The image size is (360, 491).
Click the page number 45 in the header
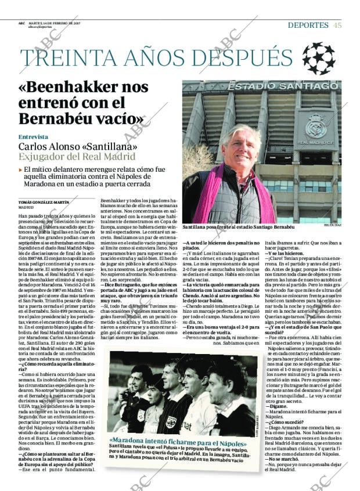[337, 25]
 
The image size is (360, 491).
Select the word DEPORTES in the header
[308, 25]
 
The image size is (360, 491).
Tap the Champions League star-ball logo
[318, 58]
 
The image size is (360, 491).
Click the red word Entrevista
[33, 138]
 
